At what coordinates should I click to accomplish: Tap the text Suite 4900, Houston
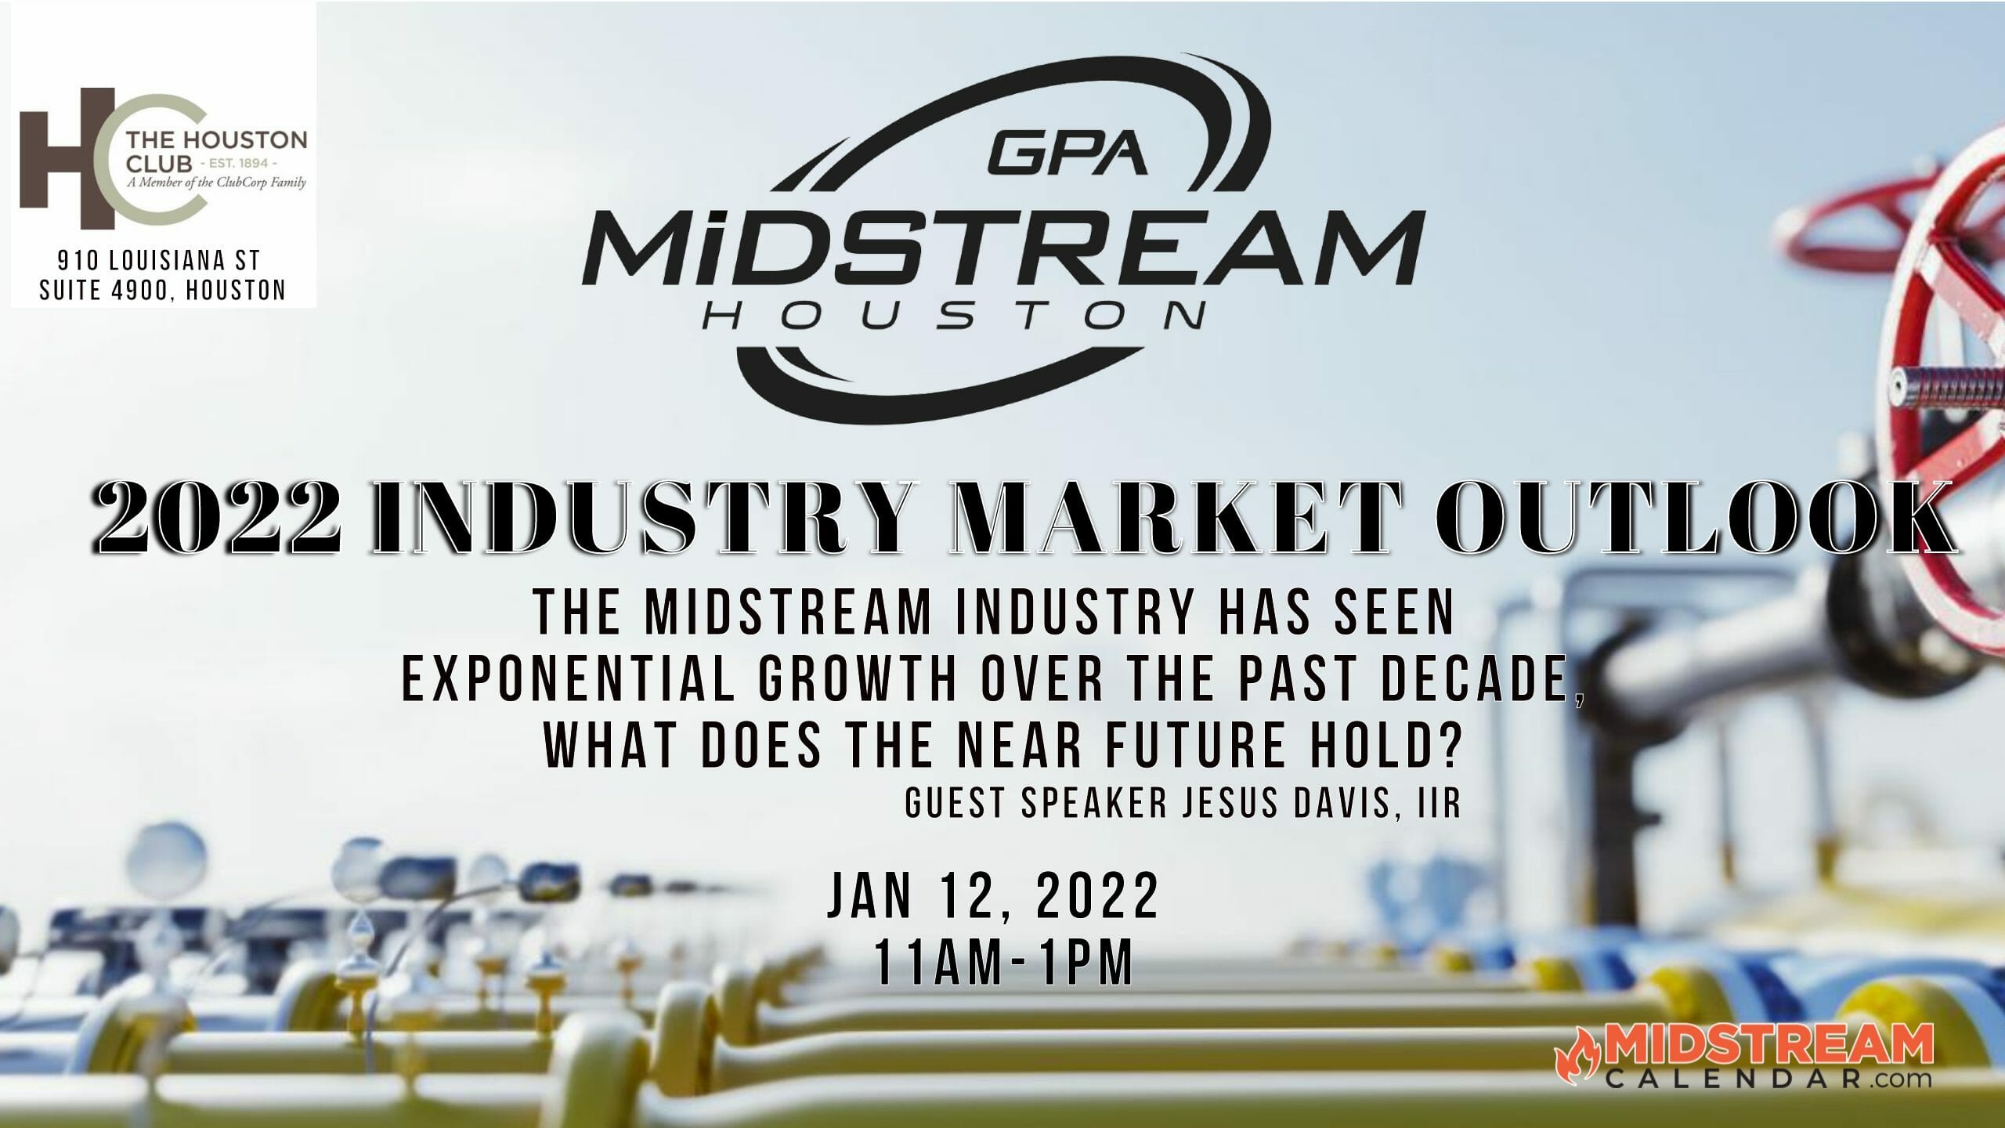pos(163,291)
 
